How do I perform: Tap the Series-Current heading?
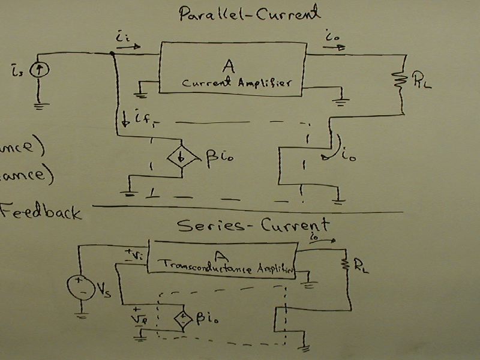pyautogui.click(x=253, y=225)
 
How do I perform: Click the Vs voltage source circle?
pyautogui.click(x=81, y=285)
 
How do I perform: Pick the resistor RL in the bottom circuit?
pyautogui.click(x=346, y=265)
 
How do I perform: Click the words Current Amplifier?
pyautogui.click(x=236, y=83)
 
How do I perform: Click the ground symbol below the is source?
pyautogui.click(x=40, y=106)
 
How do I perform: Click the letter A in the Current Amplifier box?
pyautogui.click(x=227, y=65)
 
